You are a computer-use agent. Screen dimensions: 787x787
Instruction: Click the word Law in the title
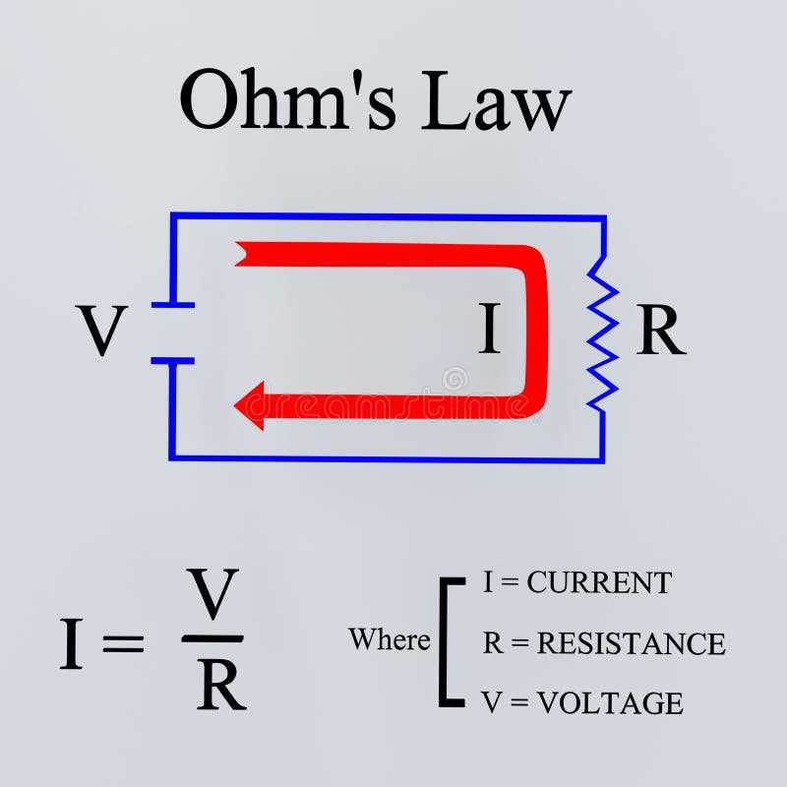tap(496, 100)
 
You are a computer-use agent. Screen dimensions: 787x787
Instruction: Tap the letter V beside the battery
tap(102, 332)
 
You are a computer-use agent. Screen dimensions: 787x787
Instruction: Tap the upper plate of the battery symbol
tap(173, 305)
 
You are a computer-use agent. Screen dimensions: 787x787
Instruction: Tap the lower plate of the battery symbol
tap(173, 360)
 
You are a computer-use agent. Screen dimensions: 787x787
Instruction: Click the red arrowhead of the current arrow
tap(250, 404)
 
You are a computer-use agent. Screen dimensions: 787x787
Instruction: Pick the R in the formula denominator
tap(220, 686)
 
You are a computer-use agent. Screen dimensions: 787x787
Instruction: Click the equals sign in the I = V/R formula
tap(123, 645)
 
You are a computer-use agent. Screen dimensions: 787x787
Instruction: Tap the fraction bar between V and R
tap(213, 638)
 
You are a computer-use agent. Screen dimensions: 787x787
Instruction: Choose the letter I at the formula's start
tap(71, 645)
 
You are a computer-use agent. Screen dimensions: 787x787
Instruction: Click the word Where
tap(389, 640)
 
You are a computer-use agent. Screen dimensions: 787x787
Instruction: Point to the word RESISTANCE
tap(632, 643)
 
